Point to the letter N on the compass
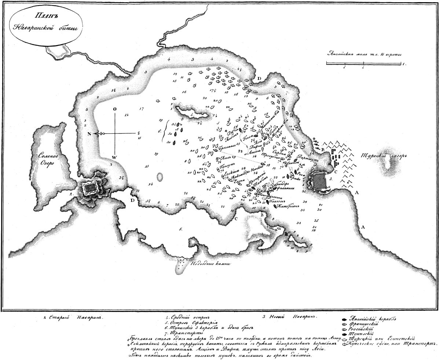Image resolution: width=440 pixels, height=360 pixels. click(89, 133)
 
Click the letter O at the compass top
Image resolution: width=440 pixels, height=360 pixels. click(115, 109)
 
